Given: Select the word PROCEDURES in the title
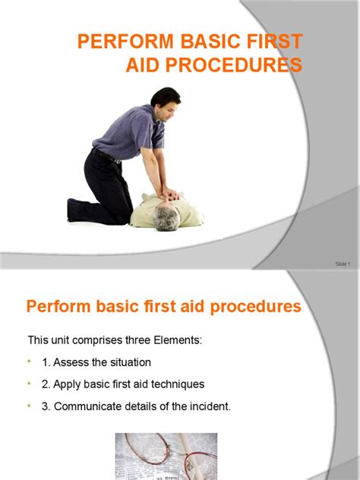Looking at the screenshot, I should click(230, 65).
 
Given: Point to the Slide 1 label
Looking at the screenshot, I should click(343, 264).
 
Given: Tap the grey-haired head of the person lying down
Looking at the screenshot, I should click(166, 218).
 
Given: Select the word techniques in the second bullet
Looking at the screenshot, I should click(175, 384).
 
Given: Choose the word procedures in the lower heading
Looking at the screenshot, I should click(252, 308).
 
